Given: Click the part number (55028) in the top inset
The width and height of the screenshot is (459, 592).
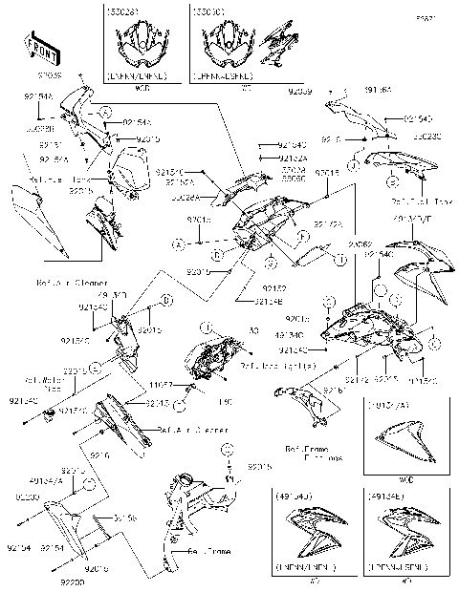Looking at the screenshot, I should tap(123, 15).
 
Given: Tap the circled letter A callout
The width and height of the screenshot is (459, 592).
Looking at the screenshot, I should tap(178, 245).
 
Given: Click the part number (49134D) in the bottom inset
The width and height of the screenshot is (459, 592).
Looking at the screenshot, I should tap(292, 497).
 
